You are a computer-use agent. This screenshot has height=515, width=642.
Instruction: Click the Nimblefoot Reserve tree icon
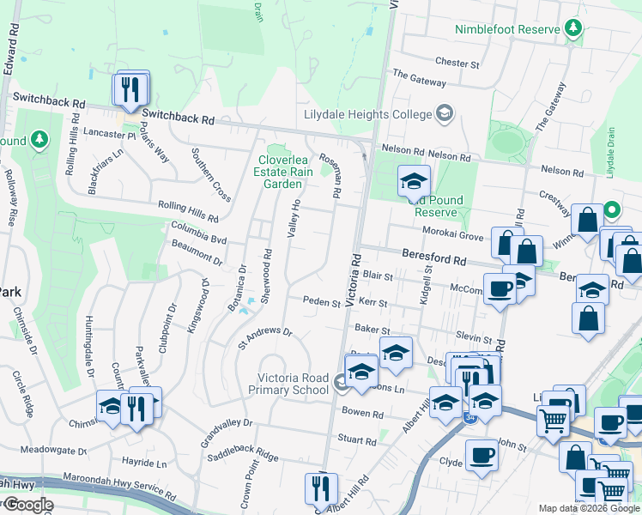point(574,28)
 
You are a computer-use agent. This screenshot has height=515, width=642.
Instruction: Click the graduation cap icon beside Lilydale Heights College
point(444,113)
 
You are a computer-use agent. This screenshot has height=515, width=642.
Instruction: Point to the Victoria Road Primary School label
point(294,384)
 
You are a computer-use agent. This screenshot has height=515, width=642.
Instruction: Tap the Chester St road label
point(457,63)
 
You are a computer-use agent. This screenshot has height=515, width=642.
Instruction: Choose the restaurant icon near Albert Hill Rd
point(321,488)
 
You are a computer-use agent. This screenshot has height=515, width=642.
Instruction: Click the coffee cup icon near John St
point(481,456)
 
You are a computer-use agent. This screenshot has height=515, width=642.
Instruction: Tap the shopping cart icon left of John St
point(553,421)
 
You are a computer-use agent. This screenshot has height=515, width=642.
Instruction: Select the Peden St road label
point(324,301)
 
